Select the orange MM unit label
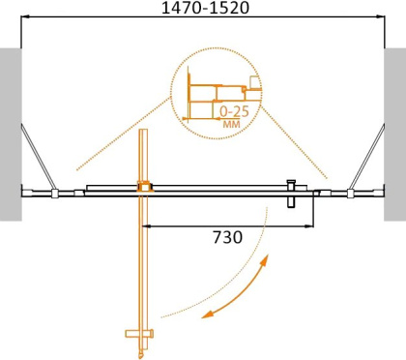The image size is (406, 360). coord(231,125)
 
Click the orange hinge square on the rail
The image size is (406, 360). coord(144,188)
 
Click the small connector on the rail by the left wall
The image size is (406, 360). coord(55,193)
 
